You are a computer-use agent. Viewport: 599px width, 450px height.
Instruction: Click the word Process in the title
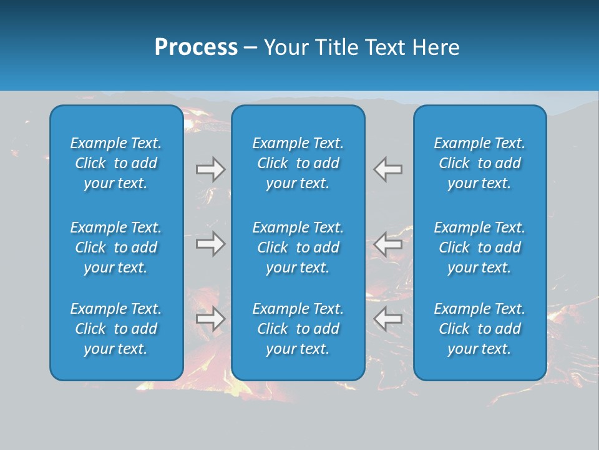click(196, 47)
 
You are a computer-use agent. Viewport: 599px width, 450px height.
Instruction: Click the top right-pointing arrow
click(211, 169)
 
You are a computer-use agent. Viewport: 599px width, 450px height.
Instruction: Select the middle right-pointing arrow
click(211, 244)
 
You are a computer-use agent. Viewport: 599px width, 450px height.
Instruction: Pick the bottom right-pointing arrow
click(211, 319)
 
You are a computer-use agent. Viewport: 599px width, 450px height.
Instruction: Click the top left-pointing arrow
click(387, 169)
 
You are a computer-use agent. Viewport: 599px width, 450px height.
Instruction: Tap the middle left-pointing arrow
click(387, 244)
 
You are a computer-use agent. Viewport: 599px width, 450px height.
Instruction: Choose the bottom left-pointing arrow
click(387, 319)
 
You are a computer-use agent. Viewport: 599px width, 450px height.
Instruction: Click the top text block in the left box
click(116, 163)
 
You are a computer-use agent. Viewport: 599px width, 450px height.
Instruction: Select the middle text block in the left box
click(116, 247)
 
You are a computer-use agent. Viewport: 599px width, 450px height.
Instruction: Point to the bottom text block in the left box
click(116, 329)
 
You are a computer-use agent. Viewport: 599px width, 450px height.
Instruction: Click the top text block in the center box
click(298, 163)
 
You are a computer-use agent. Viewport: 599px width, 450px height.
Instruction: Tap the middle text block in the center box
click(298, 247)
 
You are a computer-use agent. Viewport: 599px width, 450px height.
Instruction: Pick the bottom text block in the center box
click(298, 329)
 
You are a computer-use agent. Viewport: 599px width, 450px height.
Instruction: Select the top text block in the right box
click(479, 163)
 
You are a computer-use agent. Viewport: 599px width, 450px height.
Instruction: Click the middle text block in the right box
click(479, 247)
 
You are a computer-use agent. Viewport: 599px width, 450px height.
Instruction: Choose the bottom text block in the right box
click(479, 329)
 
